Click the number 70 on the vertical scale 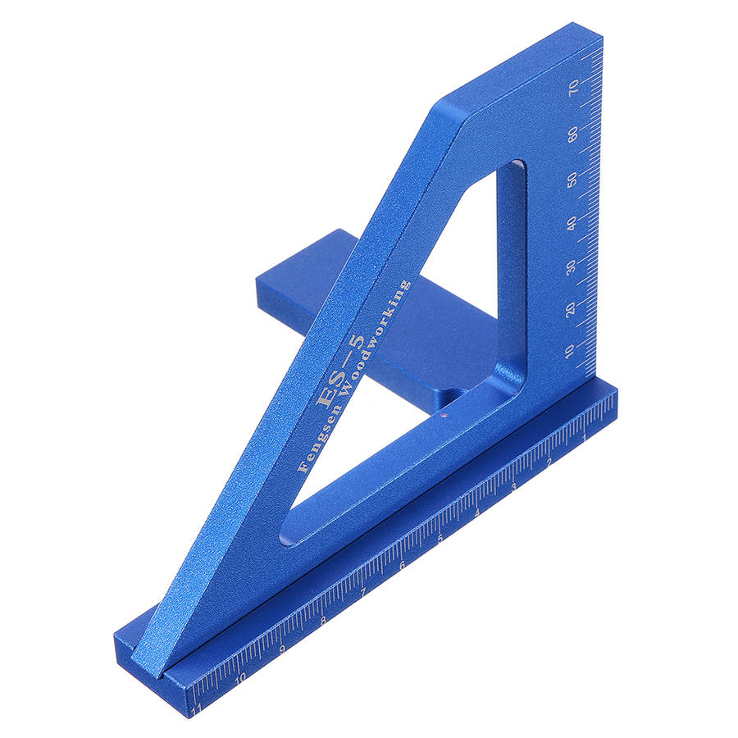click(x=573, y=87)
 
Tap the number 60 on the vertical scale click(x=573, y=134)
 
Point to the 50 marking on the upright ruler click(x=572, y=180)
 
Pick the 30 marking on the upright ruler click(x=571, y=266)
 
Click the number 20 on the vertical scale click(x=571, y=309)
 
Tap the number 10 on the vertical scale click(x=570, y=351)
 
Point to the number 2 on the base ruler click(x=549, y=463)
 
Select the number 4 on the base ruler click(x=477, y=513)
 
